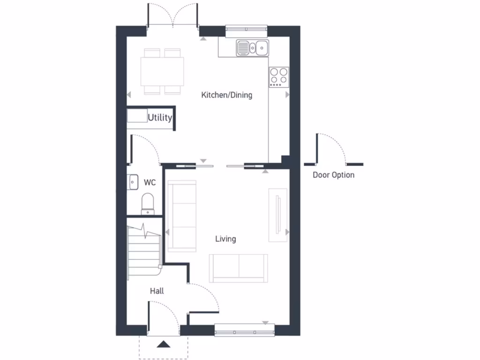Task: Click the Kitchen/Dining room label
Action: (226, 95)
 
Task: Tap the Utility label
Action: (160, 118)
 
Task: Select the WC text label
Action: (150, 182)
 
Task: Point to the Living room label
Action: (225, 239)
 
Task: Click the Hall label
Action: (157, 291)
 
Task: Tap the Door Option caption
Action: (333, 175)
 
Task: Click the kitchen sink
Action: (252, 47)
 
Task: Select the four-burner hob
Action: (278, 77)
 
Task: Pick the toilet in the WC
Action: (148, 203)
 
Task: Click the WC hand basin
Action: (132, 181)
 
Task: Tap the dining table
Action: (162, 72)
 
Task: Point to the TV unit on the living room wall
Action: (277, 215)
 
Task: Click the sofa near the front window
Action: (239, 268)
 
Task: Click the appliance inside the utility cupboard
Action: (137, 116)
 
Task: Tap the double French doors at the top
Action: (173, 16)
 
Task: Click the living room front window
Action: (244, 330)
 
